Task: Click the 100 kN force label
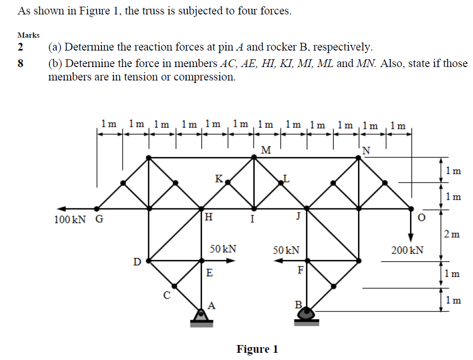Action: click(x=70, y=220)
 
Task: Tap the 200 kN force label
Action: click(x=407, y=250)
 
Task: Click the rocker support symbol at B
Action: click(x=307, y=315)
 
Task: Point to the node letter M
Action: click(x=266, y=150)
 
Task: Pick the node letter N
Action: click(x=366, y=150)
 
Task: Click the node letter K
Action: click(x=219, y=179)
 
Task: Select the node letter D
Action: click(x=137, y=261)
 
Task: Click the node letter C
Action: click(x=166, y=296)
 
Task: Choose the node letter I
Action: click(x=252, y=219)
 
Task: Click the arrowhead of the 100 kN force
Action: click(x=59, y=209)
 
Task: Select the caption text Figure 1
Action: click(x=257, y=349)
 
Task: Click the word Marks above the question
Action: click(x=29, y=35)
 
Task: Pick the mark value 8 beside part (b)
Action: click(x=21, y=63)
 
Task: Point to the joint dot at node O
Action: click(x=411, y=209)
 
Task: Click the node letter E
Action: click(x=209, y=273)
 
